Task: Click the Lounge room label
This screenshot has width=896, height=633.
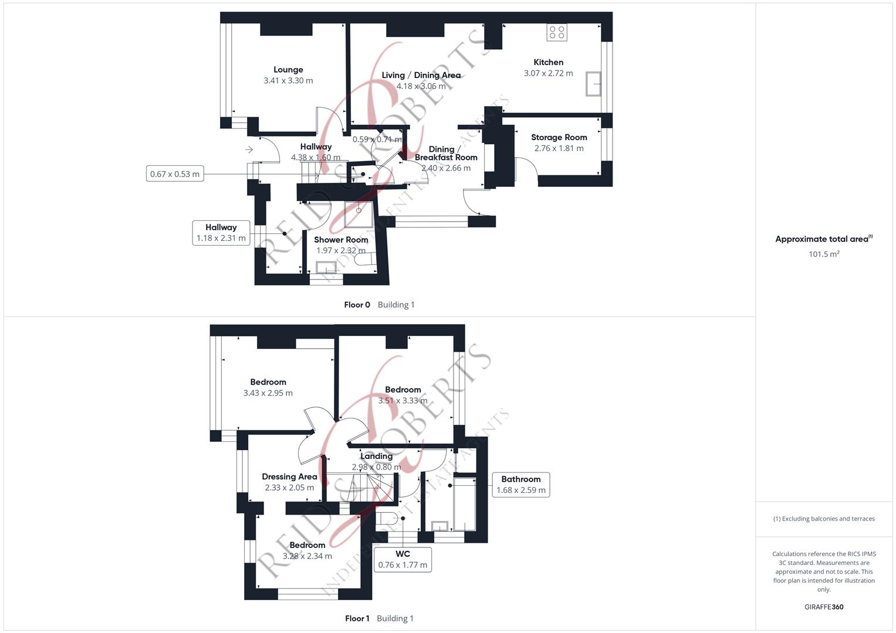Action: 288,70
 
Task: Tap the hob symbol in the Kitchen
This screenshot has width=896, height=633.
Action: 557,32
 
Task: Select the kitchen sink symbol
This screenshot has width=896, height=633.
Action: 593,84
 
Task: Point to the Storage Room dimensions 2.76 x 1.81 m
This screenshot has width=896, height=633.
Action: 559,148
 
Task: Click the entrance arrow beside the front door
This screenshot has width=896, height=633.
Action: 249,149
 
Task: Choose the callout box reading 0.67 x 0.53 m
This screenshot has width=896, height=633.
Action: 175,174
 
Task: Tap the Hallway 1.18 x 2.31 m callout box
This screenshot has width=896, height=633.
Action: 221,233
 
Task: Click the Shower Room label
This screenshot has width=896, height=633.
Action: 341,240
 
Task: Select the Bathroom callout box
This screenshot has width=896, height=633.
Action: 521,485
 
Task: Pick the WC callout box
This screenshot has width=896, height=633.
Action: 403,560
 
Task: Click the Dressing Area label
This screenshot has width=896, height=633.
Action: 290,477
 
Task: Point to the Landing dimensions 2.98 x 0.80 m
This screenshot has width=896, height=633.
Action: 376,467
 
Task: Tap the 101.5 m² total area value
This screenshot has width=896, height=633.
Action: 824,254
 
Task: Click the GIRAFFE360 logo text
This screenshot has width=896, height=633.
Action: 824,607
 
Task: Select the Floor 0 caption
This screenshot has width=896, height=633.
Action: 357,305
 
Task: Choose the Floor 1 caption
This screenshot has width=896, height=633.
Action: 357,618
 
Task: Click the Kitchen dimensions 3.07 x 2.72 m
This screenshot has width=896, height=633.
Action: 549,73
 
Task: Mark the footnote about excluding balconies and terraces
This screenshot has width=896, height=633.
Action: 824,519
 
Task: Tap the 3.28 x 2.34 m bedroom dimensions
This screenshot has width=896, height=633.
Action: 307,556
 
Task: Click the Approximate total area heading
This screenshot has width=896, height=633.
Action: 824,239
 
